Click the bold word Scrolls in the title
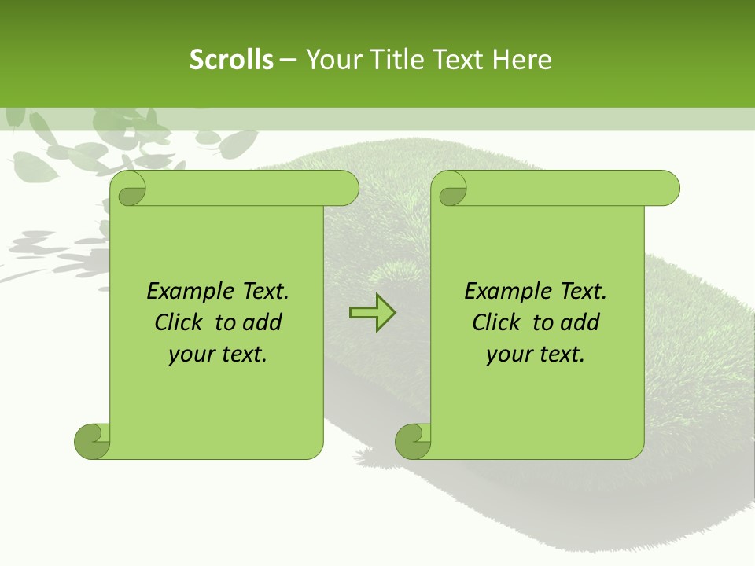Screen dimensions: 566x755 click(231, 60)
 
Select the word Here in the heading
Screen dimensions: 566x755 click(522, 60)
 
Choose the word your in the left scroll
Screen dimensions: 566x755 click(188, 355)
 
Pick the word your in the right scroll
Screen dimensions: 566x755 click(506, 355)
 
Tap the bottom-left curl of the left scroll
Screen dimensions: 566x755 click(91, 440)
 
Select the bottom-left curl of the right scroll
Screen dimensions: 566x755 click(412, 440)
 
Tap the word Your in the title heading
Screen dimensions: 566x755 click(331, 60)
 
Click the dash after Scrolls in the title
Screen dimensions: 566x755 click(288, 60)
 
